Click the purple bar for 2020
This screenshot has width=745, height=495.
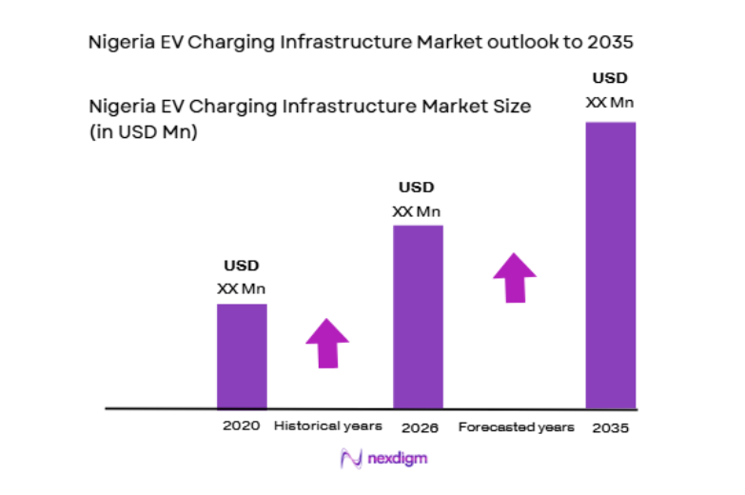pos(242,356)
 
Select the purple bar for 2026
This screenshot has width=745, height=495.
pos(418,316)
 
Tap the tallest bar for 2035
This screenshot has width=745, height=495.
pos(610,265)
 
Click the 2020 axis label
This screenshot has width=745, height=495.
pos(242,426)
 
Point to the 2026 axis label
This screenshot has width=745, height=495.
pos(420,427)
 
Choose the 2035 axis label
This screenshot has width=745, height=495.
pos(610,427)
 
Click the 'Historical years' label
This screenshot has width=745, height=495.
pos(327,426)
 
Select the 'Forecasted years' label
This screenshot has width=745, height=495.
pos(516,427)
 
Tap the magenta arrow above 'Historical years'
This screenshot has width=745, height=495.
pos(327,343)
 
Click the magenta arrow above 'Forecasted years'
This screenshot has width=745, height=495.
pos(515,277)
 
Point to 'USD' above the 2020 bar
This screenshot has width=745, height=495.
pos(241,266)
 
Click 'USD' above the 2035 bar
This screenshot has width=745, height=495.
pos(610,78)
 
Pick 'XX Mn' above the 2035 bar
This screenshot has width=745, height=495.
pos(610,101)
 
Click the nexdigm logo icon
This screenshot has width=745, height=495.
pos(348,459)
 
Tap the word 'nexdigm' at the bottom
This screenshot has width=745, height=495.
pos(395,459)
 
